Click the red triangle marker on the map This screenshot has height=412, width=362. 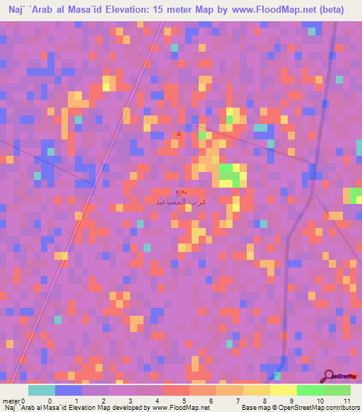tap(179, 133)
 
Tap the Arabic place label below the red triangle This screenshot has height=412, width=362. tap(181, 196)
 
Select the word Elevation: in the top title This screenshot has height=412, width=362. tap(132, 9)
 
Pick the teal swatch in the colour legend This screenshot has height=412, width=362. tap(41, 390)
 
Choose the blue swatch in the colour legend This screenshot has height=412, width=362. tap(68, 390)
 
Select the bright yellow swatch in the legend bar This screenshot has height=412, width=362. tap(283, 390)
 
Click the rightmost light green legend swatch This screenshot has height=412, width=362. tap(337, 390)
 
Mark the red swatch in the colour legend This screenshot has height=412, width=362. tap(175, 390)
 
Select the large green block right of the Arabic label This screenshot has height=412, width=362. tap(228, 172)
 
